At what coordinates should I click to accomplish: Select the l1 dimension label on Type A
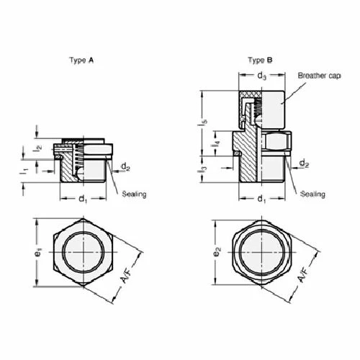tap(24, 171)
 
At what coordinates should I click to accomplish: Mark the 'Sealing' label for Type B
tap(312, 194)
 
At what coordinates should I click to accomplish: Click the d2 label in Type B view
tap(305, 163)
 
